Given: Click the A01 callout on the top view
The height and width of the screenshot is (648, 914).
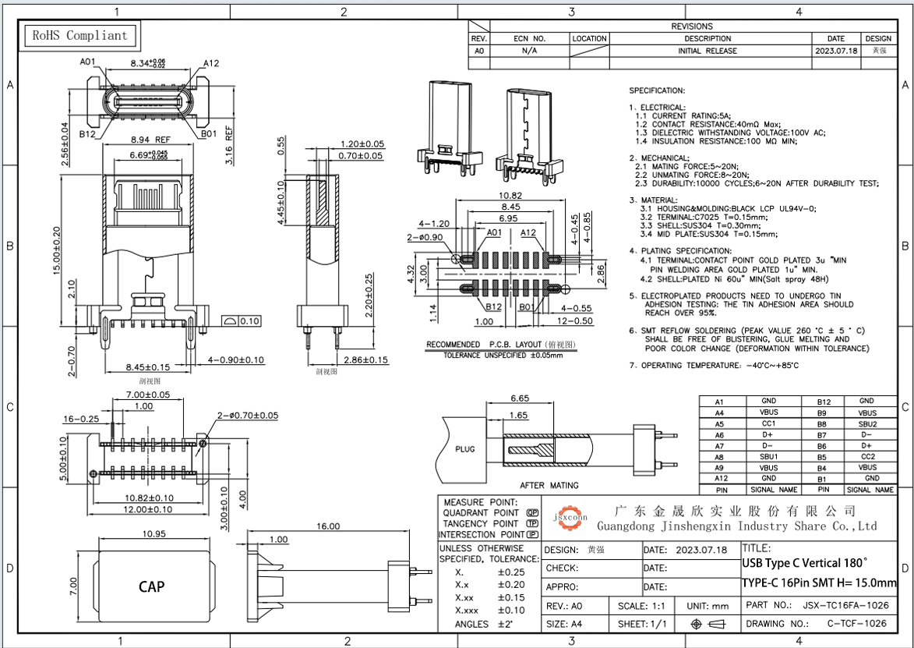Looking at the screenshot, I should tap(87, 62).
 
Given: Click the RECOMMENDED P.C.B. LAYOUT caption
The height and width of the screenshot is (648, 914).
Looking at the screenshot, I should tap(500, 345).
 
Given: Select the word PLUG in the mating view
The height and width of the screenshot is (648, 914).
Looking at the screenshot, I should tap(464, 449).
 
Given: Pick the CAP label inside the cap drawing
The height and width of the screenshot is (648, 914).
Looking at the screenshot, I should tap(151, 586).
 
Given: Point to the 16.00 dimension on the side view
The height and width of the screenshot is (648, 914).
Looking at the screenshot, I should tap(326, 526).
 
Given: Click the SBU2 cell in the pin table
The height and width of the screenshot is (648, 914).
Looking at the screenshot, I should tap(867, 423).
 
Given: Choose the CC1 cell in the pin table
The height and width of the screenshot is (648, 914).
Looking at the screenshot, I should tap(768, 423).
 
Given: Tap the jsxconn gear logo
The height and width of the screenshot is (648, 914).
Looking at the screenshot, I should tap(570, 515).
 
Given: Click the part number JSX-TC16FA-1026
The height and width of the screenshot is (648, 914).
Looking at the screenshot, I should tap(845, 605).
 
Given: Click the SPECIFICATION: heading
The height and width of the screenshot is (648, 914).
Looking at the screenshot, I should tap(657, 90).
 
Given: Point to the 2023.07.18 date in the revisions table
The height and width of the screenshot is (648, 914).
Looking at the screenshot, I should tap(835, 51).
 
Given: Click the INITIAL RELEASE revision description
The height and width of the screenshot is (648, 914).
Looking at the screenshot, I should tap(707, 51).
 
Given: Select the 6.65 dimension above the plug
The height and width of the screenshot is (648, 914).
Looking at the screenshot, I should tap(520, 398).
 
